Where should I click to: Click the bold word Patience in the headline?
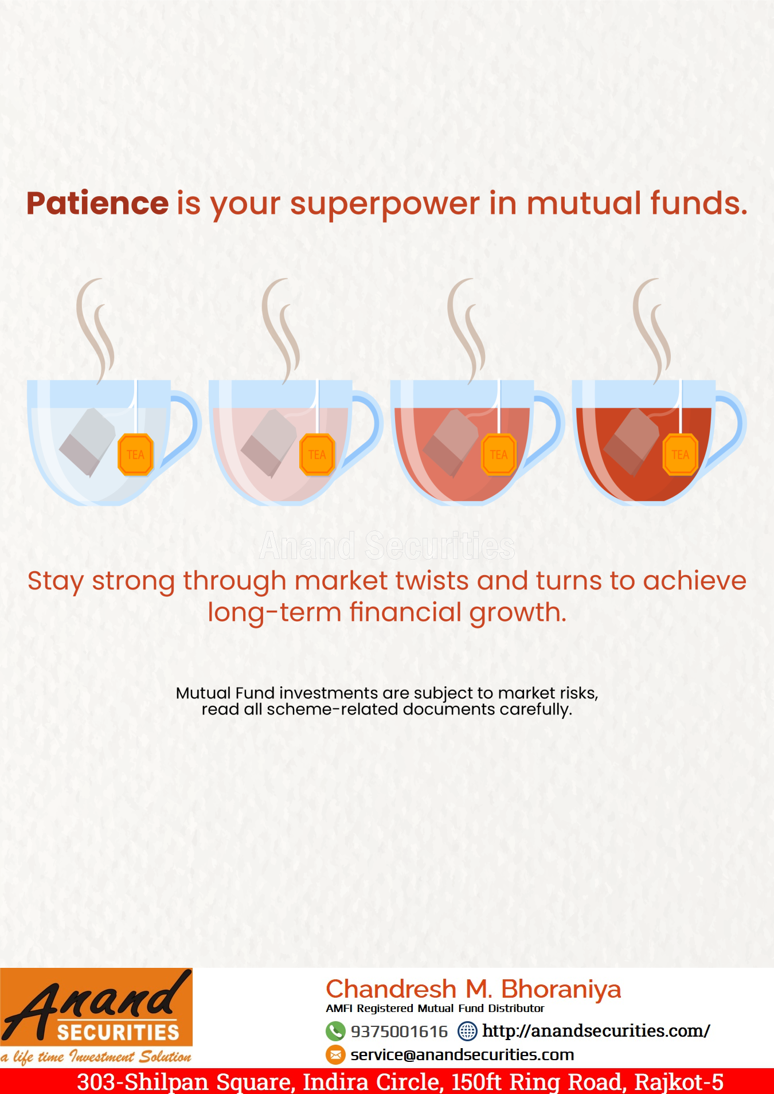(x=97, y=204)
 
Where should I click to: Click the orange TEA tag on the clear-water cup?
(x=135, y=455)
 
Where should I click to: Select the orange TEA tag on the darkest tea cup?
(x=681, y=455)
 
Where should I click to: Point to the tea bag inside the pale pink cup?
(x=269, y=442)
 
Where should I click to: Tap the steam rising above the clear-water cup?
(x=95, y=330)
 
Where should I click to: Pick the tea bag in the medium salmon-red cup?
(x=451, y=442)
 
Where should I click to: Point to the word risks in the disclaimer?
(x=577, y=693)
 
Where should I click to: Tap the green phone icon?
(x=335, y=1031)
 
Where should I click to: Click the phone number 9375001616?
(x=399, y=1032)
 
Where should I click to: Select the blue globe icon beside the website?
(x=467, y=1031)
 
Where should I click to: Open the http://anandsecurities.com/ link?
(x=596, y=1031)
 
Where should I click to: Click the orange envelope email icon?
(x=335, y=1054)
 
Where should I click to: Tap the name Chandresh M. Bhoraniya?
(x=474, y=990)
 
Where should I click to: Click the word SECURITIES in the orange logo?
(x=118, y=1033)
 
